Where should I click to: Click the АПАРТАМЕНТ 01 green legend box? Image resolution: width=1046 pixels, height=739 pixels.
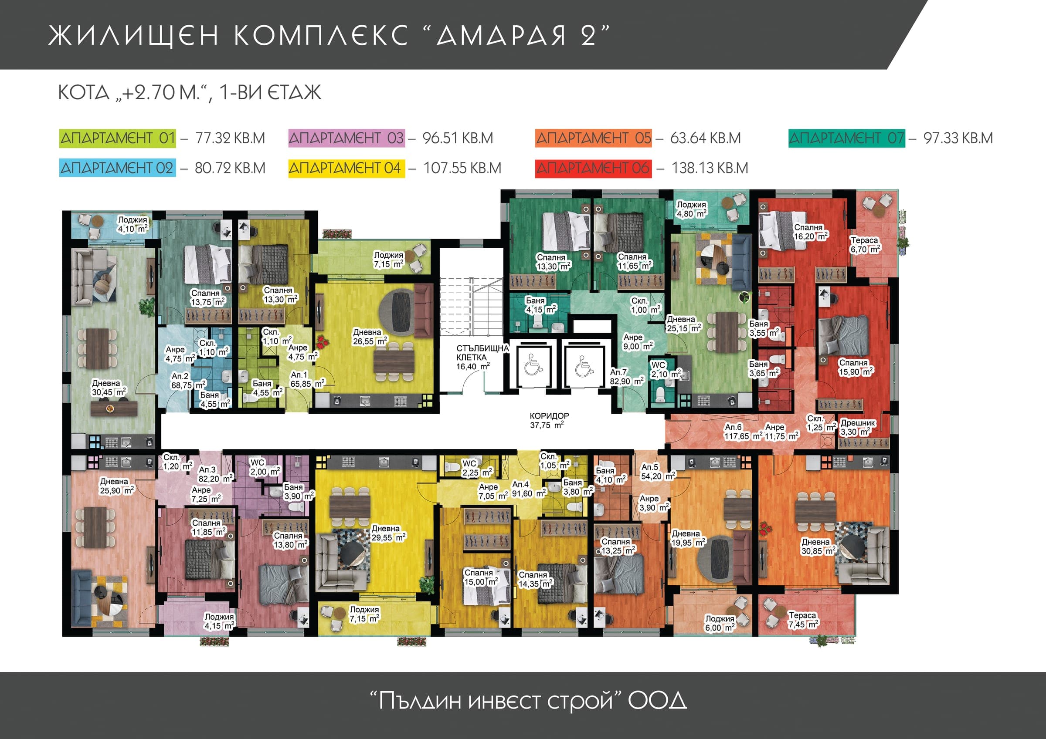118,138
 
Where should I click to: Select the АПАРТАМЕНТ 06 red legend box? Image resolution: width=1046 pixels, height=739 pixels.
593,168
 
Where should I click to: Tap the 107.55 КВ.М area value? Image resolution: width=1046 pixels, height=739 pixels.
462,168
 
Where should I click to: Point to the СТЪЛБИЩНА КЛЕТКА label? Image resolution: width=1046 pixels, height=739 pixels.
482,353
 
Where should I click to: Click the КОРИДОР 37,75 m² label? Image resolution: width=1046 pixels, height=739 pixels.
549,420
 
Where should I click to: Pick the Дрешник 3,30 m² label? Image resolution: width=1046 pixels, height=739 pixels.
857,427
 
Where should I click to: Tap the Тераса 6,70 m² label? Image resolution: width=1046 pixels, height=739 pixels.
865,244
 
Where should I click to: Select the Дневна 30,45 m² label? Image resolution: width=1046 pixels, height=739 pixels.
109,388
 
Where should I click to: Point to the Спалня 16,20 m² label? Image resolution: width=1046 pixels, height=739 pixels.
811,232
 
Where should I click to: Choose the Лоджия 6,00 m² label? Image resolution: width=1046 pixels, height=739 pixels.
720,623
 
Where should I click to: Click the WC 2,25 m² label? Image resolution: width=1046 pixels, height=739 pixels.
477,468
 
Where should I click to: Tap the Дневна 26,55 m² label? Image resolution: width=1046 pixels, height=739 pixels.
370,337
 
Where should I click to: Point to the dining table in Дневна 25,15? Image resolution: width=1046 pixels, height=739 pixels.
727,332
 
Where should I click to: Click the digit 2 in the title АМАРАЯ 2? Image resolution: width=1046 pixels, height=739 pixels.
588,36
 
